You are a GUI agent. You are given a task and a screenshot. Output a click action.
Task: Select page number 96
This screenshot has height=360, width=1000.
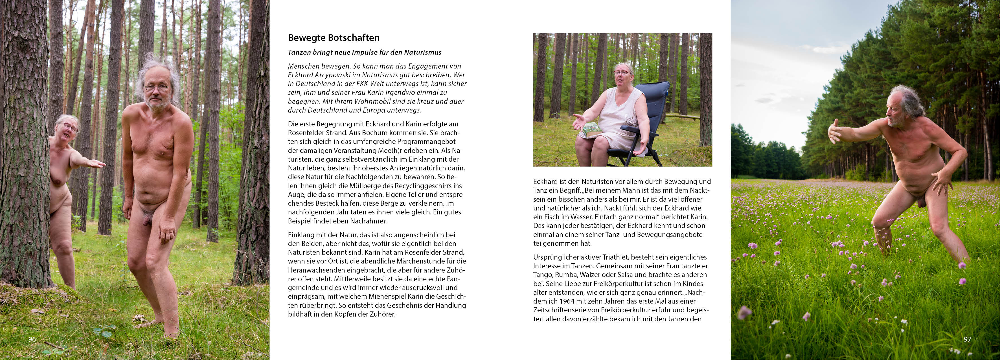[32, 339]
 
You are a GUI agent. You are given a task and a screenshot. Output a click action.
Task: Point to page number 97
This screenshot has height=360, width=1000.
[967, 339]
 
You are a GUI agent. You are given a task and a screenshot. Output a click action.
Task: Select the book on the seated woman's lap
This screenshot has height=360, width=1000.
[591, 129]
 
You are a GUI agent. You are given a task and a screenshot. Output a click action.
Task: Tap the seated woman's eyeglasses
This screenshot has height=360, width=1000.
[622, 73]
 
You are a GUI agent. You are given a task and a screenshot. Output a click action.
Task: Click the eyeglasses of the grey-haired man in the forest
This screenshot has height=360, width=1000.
[156, 88]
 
